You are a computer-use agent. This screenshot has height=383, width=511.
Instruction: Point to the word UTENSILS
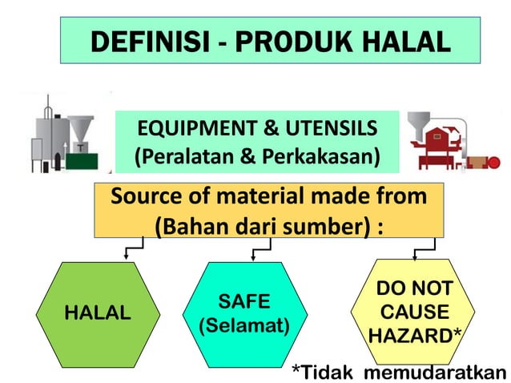(330, 129)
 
